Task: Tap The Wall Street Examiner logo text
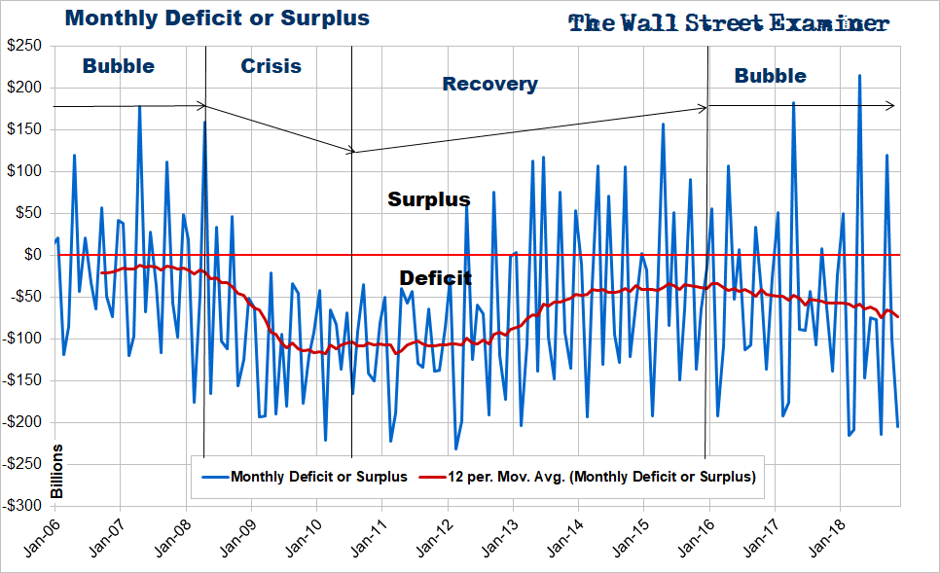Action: (728, 23)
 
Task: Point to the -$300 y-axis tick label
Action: (23, 506)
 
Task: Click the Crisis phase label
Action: (271, 67)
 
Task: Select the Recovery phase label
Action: (489, 85)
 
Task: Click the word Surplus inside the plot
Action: (429, 200)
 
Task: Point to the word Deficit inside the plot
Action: (436, 279)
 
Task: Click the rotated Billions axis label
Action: (56, 472)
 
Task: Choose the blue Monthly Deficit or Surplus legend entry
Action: (306, 477)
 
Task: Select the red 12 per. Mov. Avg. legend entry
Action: (588, 477)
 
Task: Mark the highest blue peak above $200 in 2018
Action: (859, 75)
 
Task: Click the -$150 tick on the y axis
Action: (23, 380)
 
